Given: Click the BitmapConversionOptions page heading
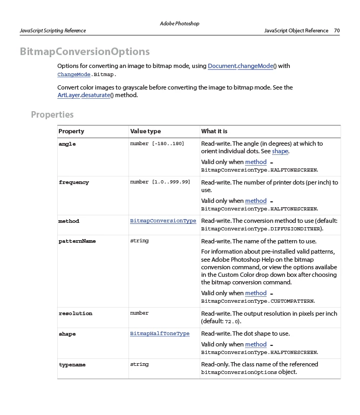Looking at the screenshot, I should click(85, 52).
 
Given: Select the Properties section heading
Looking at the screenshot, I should click(52, 114).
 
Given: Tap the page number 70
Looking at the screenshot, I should click(337, 31).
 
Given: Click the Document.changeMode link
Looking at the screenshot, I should click(240, 66).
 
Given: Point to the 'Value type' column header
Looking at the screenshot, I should click(145, 131).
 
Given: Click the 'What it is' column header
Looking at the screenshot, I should click(214, 131).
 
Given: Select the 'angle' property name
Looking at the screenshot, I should click(67, 144).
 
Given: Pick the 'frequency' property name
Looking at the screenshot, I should click(73, 182).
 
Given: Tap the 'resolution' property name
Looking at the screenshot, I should click(75, 314).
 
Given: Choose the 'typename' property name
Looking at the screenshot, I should click(72, 365).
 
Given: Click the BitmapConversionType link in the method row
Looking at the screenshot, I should click(163, 221).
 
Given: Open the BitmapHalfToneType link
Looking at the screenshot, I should click(160, 334).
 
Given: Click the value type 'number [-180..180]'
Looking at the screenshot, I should click(157, 144).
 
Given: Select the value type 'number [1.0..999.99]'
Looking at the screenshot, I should click(160, 182).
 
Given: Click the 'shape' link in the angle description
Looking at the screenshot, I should click(280, 152).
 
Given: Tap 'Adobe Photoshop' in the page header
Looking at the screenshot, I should click(180, 24).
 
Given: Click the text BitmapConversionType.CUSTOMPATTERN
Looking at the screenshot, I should click(258, 301).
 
